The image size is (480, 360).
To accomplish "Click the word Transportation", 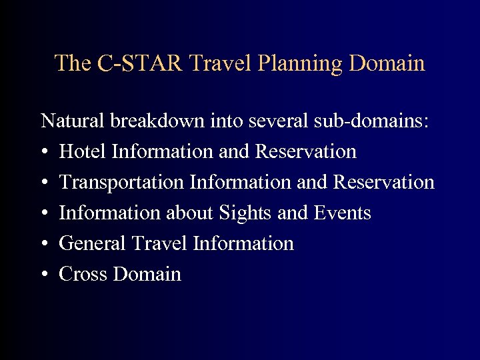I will coord(121,183).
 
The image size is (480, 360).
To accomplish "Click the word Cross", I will coord(83,275).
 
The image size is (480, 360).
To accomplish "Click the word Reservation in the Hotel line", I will coord(305,152).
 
